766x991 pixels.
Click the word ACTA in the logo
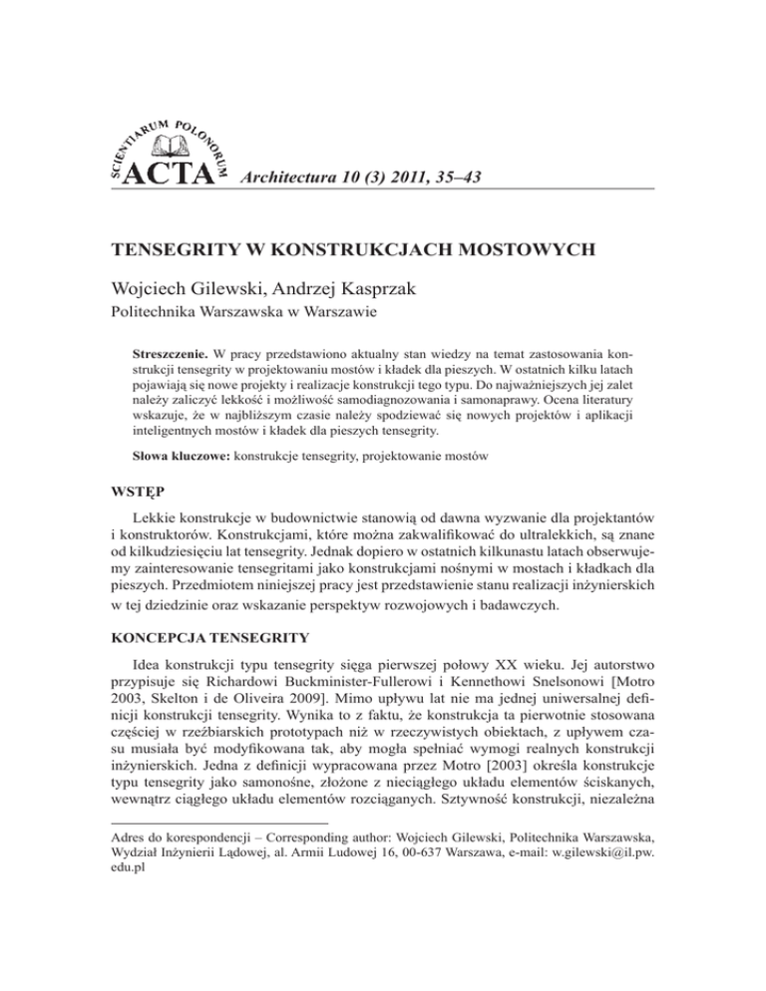coord(179,175)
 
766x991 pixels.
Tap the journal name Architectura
coord(298,176)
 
